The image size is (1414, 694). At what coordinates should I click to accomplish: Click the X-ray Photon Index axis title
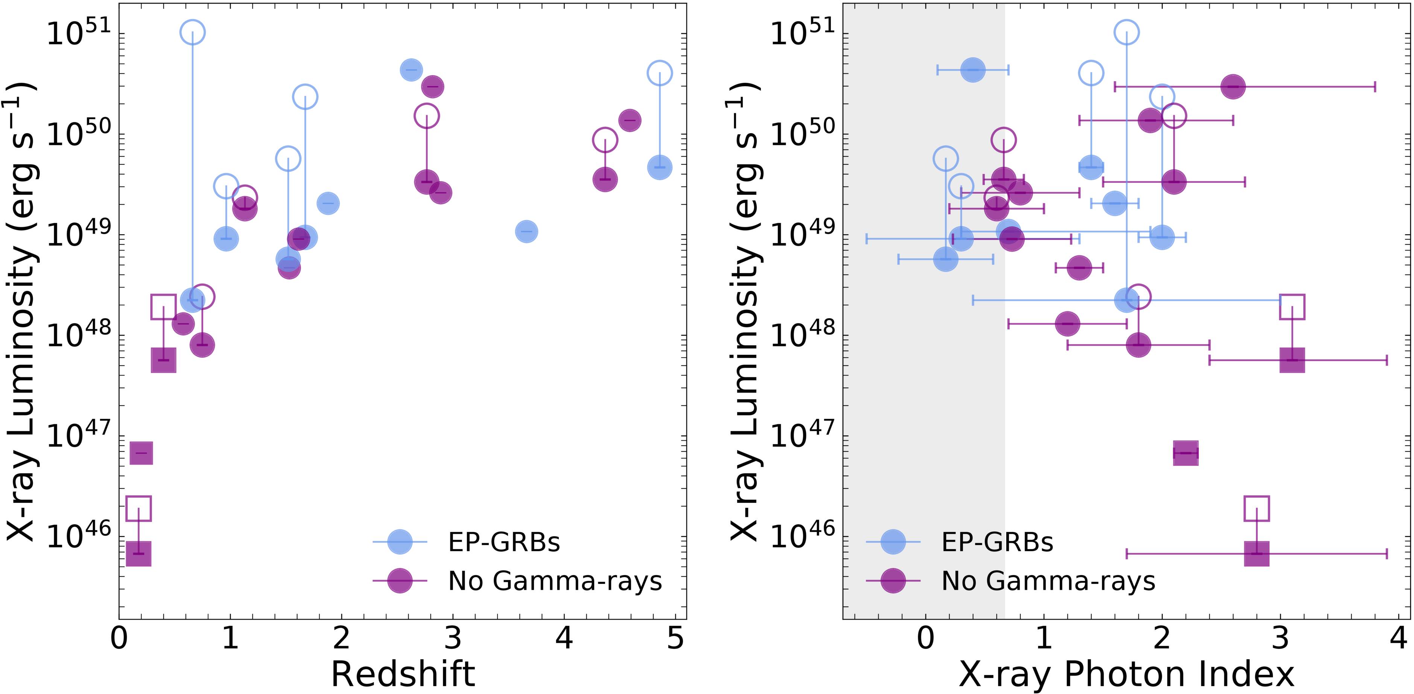pos(1127,673)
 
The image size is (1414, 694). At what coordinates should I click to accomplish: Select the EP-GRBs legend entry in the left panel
pos(503,542)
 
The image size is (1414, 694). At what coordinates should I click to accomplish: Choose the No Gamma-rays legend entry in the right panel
pos(1048,580)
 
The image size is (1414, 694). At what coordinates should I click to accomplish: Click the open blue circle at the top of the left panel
pos(192,32)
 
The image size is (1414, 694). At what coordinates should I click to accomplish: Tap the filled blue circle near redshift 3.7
pos(526,231)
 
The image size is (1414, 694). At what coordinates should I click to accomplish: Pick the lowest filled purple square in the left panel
pos(138,554)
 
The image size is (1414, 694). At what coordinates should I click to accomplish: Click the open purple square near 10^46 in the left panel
pos(138,509)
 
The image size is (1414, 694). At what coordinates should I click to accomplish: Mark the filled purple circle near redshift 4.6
pos(629,120)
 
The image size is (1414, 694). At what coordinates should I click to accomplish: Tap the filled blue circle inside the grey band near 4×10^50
pos(973,70)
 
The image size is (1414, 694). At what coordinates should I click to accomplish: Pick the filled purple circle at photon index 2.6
pos(1233,87)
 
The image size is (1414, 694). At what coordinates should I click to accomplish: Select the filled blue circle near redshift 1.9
pos(328,203)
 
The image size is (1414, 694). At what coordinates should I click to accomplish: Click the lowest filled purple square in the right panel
pos(1256,554)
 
